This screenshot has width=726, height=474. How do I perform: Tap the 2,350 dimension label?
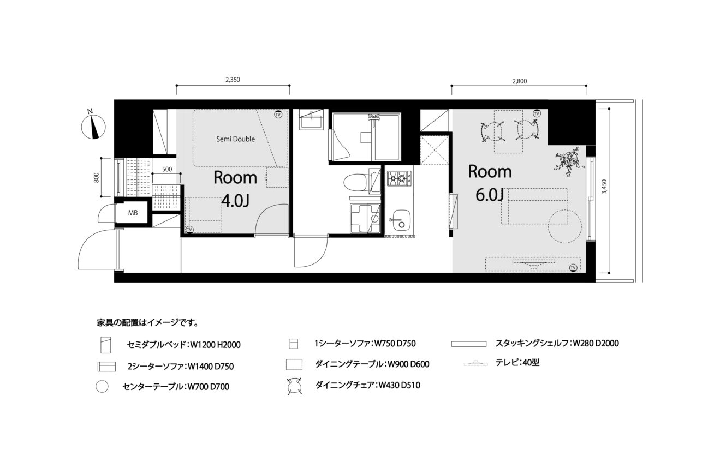(233, 80)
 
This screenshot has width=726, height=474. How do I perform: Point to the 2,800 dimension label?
(520, 81)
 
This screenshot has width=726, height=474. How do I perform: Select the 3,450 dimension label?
(604, 187)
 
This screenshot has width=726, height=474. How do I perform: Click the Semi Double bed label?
(236, 139)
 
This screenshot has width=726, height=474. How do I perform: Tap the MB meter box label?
(133, 213)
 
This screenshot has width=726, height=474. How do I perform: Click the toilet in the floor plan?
(356, 183)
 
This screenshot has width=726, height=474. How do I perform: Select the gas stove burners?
(400, 178)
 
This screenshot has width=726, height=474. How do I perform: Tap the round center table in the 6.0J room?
(564, 226)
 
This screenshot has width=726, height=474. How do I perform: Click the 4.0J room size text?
(235, 201)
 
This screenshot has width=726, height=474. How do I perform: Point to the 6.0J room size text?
(490, 195)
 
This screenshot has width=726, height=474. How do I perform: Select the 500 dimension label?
(167, 169)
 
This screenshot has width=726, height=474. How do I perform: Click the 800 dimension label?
(96, 177)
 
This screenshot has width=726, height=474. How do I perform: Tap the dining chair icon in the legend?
(295, 386)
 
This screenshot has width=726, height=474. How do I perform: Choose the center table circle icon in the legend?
(102, 386)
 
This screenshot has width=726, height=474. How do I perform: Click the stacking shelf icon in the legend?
(469, 344)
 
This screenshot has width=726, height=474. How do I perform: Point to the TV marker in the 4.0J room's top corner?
(278, 115)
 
